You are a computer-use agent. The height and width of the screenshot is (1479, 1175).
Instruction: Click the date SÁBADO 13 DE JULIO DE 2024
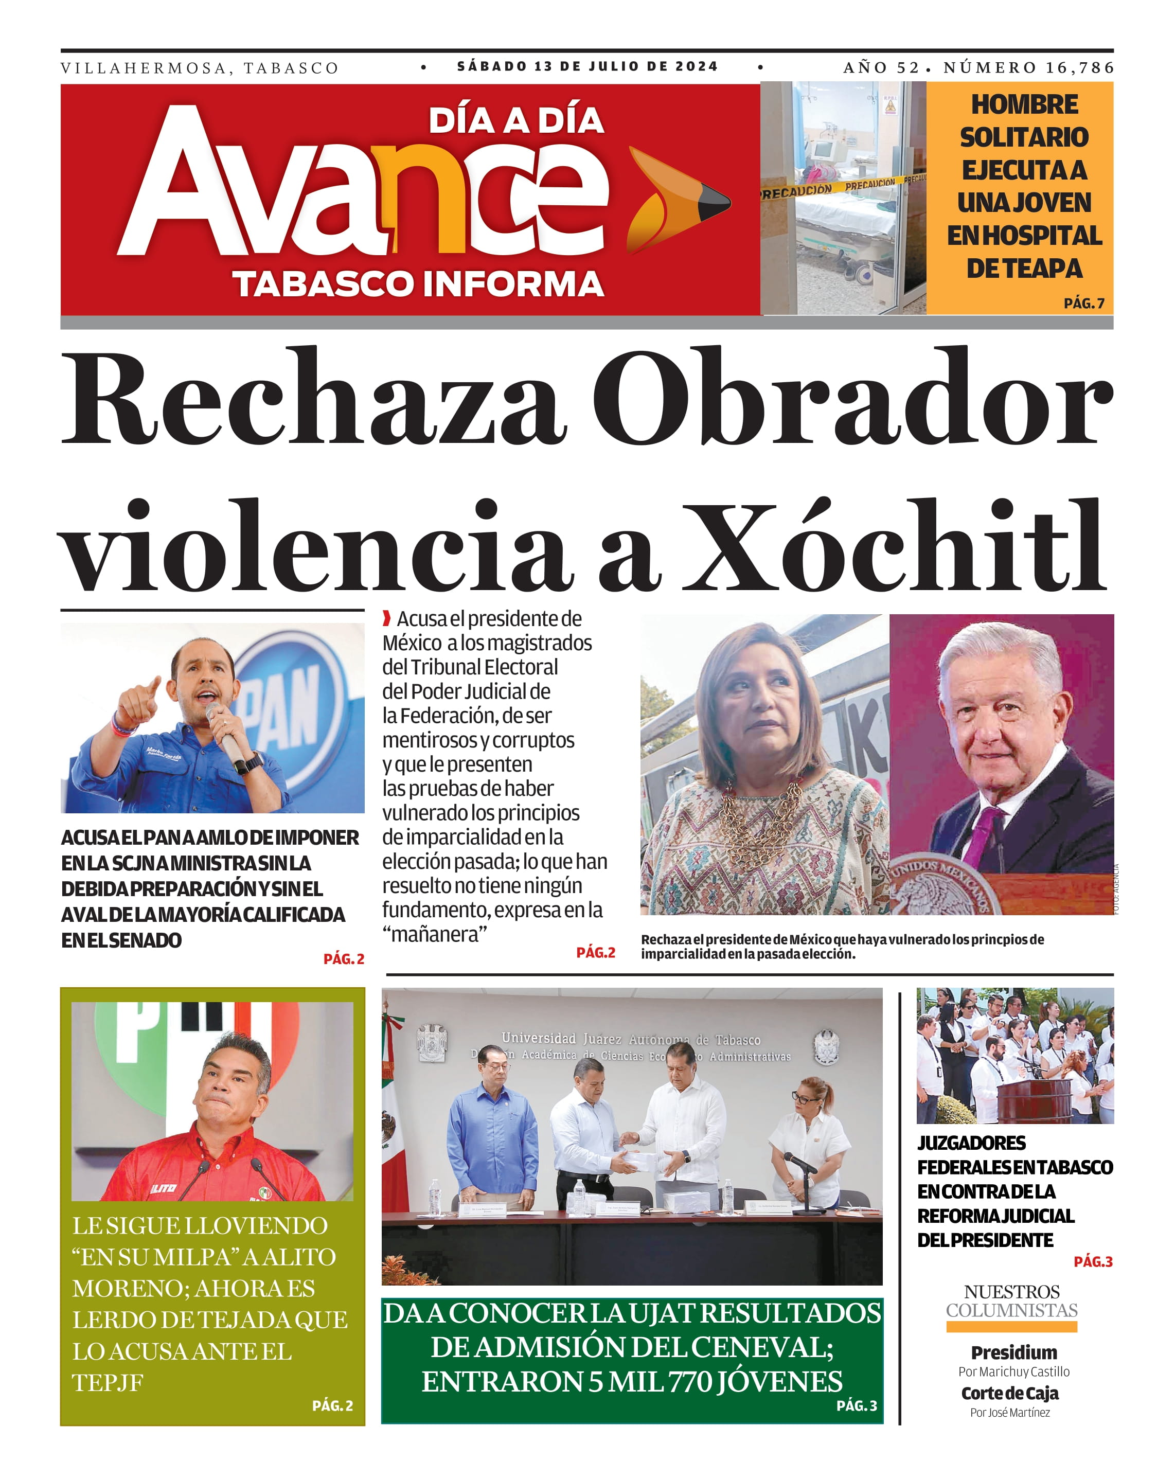(587, 66)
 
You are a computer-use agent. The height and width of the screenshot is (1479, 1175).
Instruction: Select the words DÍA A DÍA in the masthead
(516, 121)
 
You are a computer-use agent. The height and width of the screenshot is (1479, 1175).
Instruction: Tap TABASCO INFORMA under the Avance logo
(418, 284)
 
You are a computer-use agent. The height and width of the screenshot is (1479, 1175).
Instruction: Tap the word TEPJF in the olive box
(108, 1382)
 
